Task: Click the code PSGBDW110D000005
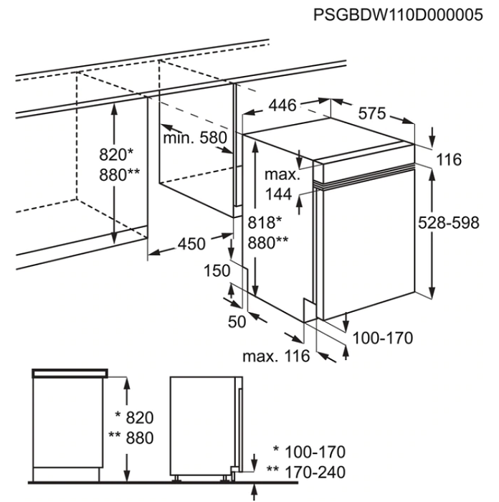(398, 15)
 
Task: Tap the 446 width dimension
(282, 105)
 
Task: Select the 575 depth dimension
(372, 113)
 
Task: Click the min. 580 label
(194, 138)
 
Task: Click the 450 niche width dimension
(192, 244)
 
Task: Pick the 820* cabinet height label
(118, 154)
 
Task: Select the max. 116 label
(275, 356)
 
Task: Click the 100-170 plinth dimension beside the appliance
(384, 338)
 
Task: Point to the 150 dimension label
(217, 271)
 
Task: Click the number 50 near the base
(237, 322)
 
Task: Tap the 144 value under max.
(278, 193)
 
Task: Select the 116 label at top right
(449, 160)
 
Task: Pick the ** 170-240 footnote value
(305, 473)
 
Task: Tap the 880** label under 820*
(119, 174)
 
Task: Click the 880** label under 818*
(267, 243)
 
